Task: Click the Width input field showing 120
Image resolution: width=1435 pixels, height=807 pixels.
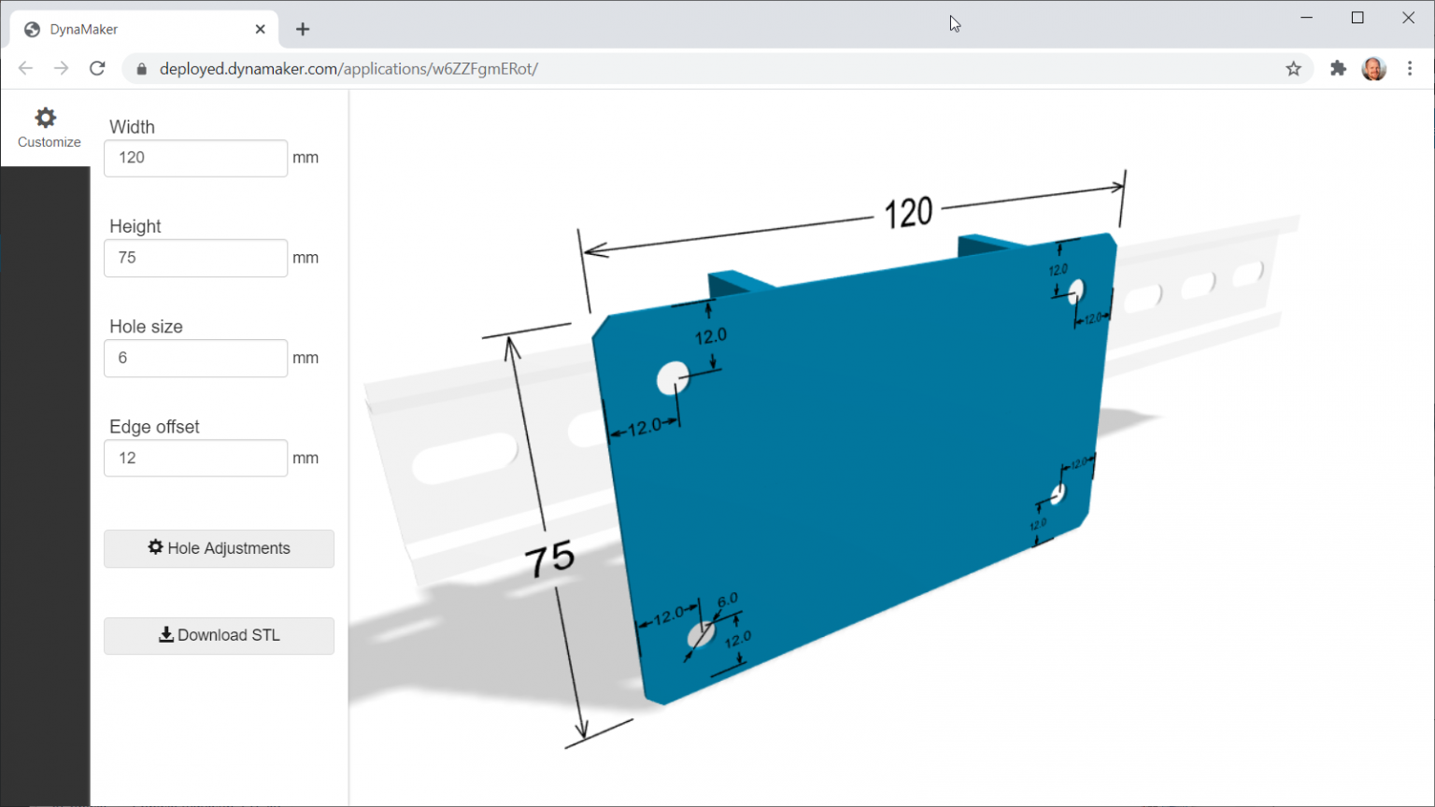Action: pyautogui.click(x=195, y=158)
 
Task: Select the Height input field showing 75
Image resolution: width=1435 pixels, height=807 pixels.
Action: pyautogui.click(x=195, y=258)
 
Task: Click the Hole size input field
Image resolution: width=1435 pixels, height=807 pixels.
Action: pyautogui.click(x=195, y=358)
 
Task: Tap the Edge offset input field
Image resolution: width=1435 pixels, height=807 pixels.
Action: pyautogui.click(x=195, y=458)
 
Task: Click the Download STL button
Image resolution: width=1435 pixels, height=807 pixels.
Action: pyautogui.click(x=219, y=635)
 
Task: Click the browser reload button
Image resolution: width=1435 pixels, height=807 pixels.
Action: pyautogui.click(x=97, y=68)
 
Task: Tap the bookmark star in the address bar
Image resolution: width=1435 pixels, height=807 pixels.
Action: pyautogui.click(x=1293, y=68)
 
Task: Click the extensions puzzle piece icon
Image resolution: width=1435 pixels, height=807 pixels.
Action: pyautogui.click(x=1338, y=68)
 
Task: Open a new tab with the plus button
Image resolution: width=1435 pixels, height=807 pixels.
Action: pyautogui.click(x=303, y=29)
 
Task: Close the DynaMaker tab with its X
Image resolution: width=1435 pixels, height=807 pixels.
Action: pyautogui.click(x=260, y=29)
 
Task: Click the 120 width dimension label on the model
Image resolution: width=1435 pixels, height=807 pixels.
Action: pyautogui.click(x=908, y=213)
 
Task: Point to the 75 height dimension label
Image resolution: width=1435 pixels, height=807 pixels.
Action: pyautogui.click(x=549, y=559)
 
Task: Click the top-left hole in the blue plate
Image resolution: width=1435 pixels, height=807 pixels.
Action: pyautogui.click(x=672, y=378)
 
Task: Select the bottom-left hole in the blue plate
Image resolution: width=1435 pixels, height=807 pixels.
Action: pyautogui.click(x=701, y=634)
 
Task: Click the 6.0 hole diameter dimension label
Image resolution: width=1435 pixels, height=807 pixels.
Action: pyautogui.click(x=728, y=600)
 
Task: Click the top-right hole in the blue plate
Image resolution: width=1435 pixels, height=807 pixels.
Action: pyautogui.click(x=1075, y=290)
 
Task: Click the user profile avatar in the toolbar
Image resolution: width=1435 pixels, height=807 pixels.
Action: pyautogui.click(x=1373, y=68)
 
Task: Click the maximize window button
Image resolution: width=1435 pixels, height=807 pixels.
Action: pyautogui.click(x=1357, y=18)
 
